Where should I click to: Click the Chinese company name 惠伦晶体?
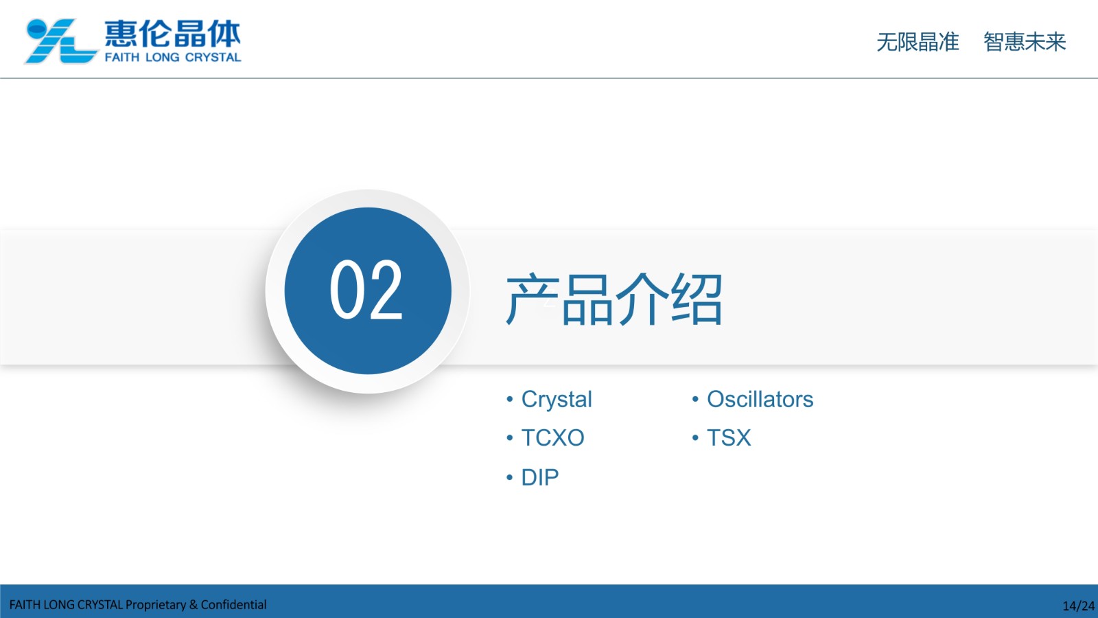172,34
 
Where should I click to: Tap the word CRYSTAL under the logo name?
213,58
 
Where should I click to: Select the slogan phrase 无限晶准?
918,42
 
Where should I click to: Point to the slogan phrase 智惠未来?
1025,42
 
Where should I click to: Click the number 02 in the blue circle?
366,290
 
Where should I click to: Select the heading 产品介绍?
614,299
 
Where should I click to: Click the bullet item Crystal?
557,399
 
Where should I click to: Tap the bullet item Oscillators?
760,399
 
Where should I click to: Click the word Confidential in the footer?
233,605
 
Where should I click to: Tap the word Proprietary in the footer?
155,605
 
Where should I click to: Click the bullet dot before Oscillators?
695,399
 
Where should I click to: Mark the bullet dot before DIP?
509,477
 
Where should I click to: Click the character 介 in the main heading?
641,299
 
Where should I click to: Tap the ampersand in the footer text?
194,605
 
